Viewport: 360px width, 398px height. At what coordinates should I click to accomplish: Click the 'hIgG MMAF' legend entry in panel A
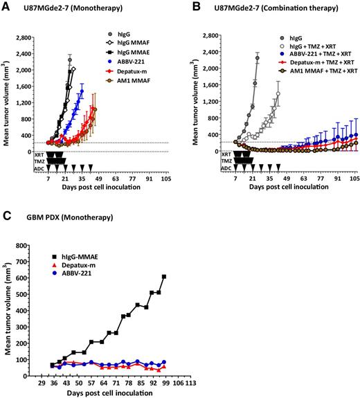(136, 42)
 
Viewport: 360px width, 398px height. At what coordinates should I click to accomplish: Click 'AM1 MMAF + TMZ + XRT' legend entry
(315, 71)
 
